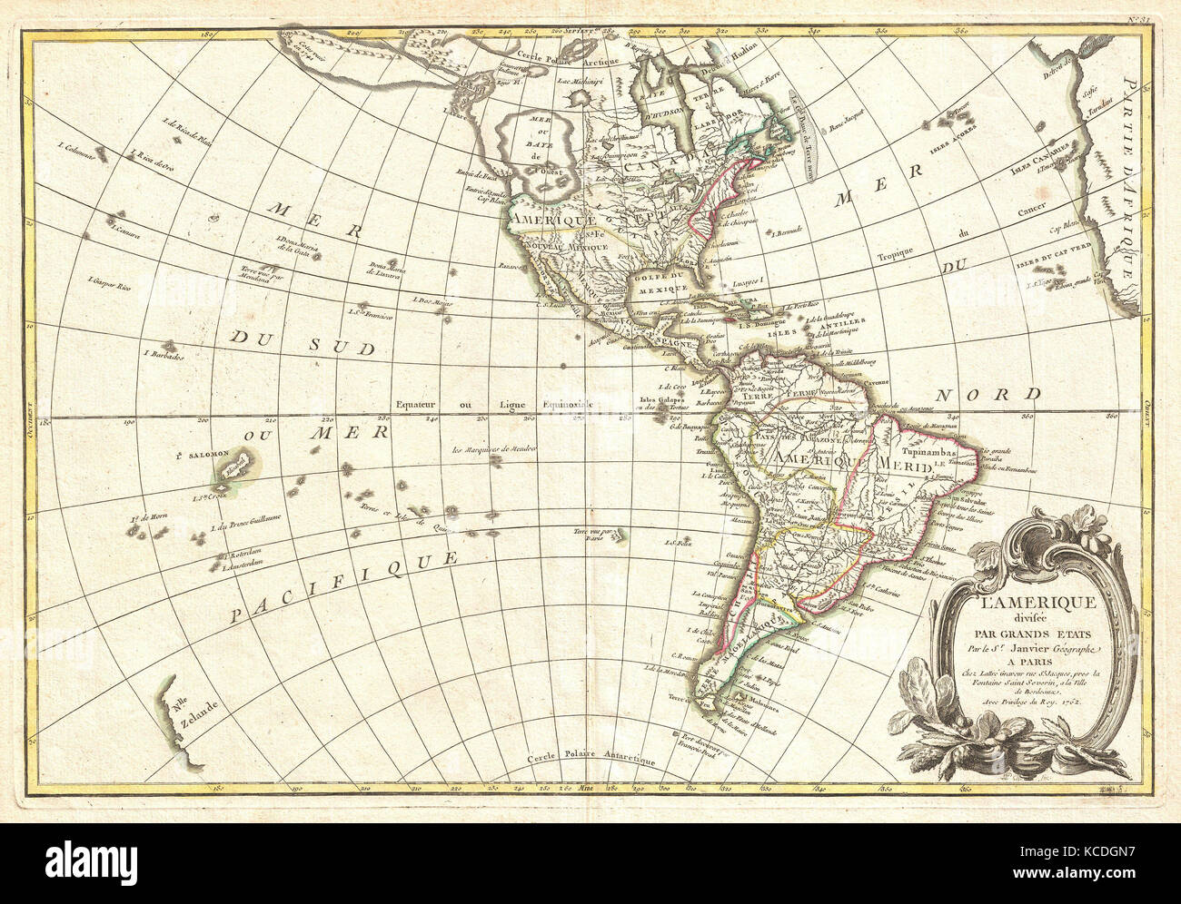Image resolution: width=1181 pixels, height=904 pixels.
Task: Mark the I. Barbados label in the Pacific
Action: [x=164, y=354]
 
